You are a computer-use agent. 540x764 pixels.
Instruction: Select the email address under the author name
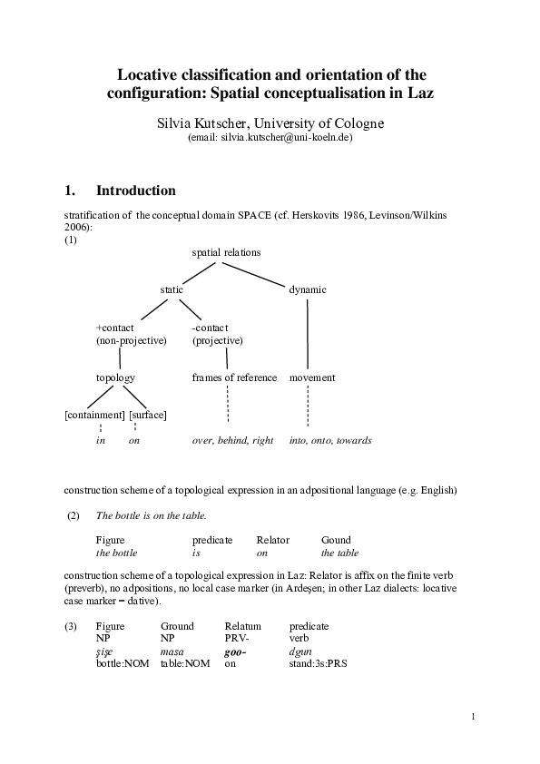270,138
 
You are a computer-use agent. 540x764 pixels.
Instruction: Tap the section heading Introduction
135,191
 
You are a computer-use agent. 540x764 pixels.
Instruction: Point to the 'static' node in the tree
172,289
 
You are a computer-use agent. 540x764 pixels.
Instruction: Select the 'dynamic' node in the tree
308,289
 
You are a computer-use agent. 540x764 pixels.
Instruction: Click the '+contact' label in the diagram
114,328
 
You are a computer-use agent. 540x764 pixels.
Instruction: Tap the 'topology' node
115,377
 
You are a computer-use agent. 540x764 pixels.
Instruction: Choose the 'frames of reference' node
234,377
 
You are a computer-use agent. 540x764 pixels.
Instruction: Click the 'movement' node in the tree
312,377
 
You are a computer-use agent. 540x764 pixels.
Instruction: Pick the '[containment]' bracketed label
94,415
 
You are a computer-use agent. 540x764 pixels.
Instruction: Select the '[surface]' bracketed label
148,415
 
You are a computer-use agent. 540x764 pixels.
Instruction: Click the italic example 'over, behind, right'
232,440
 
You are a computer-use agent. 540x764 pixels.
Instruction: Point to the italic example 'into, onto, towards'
330,440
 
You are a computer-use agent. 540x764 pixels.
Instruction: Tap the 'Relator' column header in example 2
272,540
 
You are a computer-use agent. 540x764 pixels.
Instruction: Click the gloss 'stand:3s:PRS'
318,663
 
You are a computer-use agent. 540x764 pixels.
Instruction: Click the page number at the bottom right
474,718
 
